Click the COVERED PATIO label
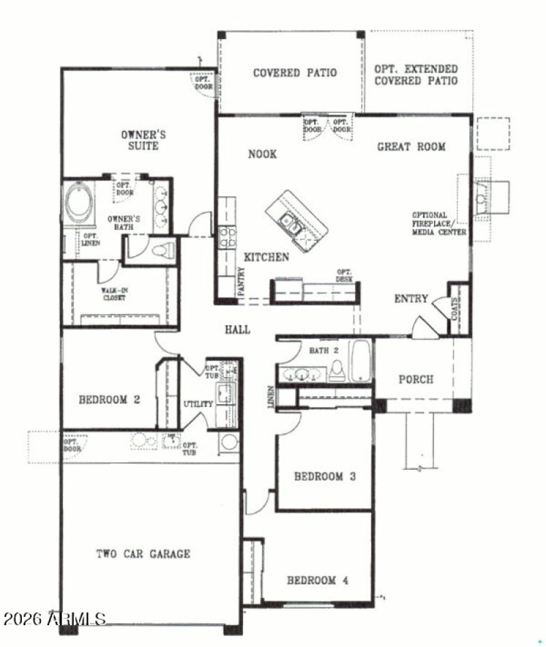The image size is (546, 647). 294,73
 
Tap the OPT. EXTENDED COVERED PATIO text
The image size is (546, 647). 416,75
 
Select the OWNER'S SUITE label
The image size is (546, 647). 143,140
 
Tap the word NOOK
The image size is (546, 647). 262,154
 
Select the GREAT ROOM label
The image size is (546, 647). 412,147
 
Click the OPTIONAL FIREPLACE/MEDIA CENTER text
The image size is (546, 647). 439,224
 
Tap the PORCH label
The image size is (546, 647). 416,379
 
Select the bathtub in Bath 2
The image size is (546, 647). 360,362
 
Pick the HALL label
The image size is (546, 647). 237,329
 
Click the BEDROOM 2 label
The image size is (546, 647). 109,400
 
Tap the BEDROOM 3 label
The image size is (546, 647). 325,477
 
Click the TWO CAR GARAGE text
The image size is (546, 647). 143,554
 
